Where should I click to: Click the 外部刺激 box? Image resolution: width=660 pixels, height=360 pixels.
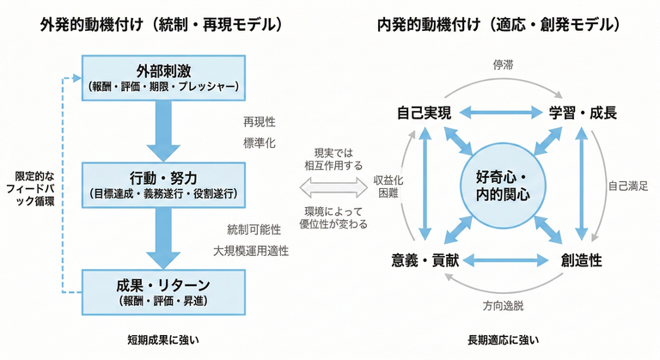[162, 76]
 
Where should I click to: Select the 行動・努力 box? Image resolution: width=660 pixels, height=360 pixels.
[162, 183]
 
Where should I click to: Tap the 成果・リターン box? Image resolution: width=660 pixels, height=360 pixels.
[162, 290]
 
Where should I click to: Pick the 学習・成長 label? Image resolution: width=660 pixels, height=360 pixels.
[584, 113]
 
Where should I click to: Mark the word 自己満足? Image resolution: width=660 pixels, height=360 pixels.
[627, 186]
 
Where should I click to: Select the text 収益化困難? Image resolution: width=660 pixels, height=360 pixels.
[384, 188]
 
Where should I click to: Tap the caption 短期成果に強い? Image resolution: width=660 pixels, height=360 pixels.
[162, 340]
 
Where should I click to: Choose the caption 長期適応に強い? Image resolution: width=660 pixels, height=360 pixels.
[504, 340]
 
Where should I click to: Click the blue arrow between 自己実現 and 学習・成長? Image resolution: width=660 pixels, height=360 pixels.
[503, 113]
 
